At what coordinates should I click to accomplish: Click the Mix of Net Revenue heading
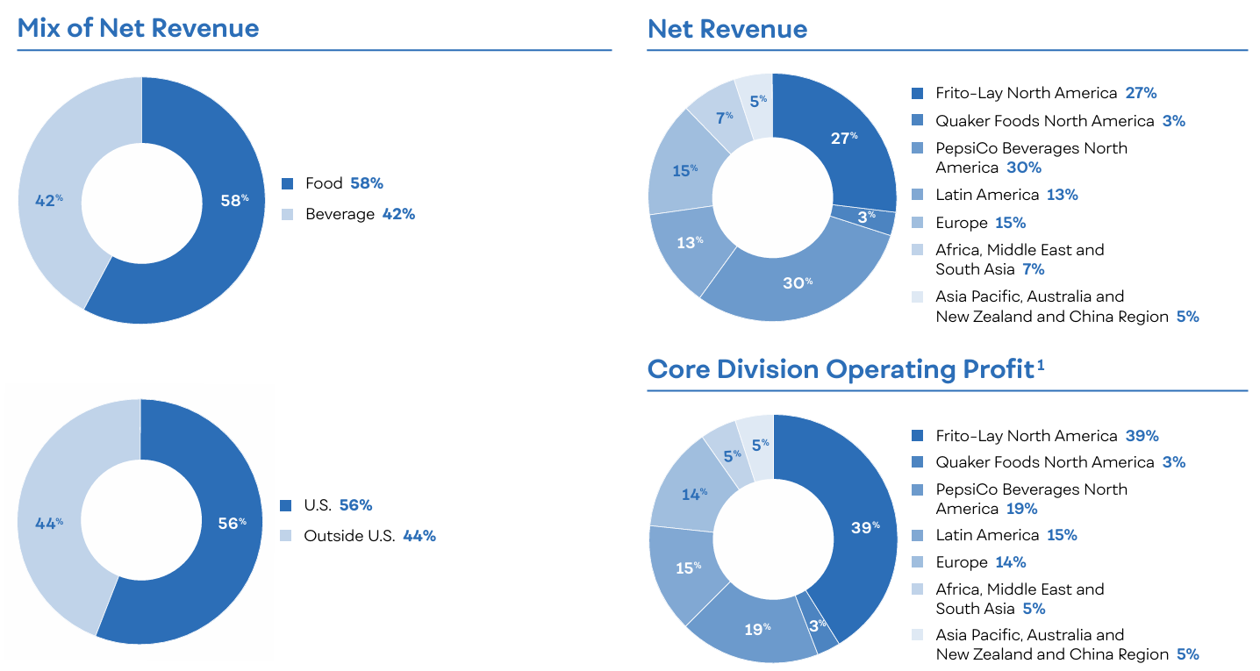(138, 28)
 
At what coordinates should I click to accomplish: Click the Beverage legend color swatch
(287, 214)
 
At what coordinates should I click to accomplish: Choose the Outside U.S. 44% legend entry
(369, 535)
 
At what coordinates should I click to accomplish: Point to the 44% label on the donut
(48, 523)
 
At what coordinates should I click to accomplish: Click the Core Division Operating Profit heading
(841, 369)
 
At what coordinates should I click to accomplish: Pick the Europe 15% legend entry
(980, 222)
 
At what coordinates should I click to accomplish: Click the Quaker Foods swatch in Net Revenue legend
(918, 121)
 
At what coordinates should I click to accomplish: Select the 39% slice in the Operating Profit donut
(864, 527)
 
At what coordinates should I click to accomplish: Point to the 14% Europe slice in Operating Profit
(694, 494)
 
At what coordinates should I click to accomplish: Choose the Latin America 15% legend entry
(1006, 534)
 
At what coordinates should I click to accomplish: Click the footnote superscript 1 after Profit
(1041, 365)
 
